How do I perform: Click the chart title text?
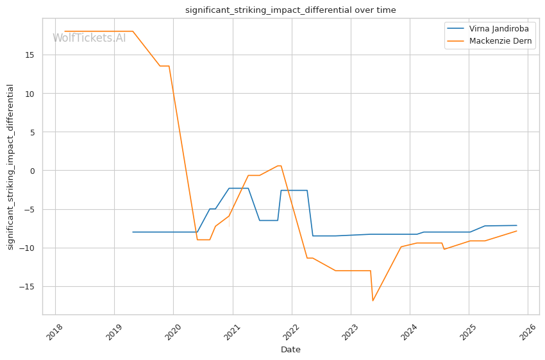pos(290,10)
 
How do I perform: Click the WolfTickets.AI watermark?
pos(89,38)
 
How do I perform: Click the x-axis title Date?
pos(290,350)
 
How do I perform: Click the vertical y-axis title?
pos(10,167)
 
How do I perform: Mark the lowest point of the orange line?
pos(373,300)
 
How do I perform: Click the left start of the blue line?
pos(133,232)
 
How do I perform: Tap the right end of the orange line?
pos(517,231)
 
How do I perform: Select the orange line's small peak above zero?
pos(279,166)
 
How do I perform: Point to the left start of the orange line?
pos(65,31)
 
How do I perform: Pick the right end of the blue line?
pos(517,225)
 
